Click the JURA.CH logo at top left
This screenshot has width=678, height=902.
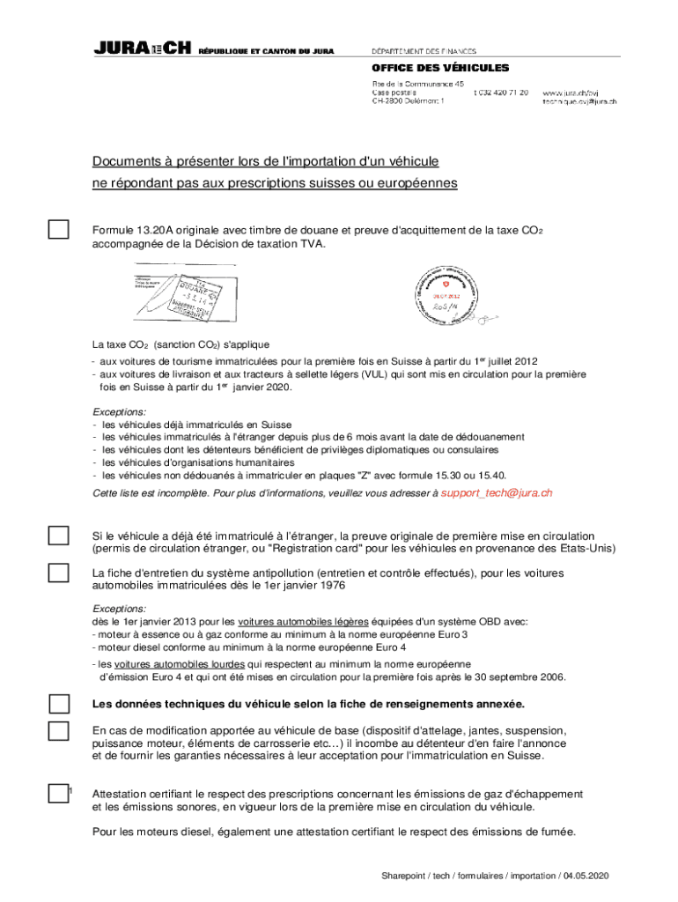tap(142, 50)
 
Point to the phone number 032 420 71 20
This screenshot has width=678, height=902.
tap(501, 92)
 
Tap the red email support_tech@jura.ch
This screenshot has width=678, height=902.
tap(497, 493)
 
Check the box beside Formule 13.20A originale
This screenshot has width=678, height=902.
tap(58, 230)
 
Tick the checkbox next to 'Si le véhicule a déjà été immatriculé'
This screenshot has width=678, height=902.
tap(58, 536)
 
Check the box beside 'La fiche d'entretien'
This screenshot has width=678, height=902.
tap(58, 573)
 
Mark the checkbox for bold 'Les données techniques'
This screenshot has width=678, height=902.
tap(58, 704)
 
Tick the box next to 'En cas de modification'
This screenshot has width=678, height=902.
tap(58, 731)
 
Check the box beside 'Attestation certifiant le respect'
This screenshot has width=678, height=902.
tap(58, 794)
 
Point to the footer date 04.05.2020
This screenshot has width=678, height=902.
tap(586, 876)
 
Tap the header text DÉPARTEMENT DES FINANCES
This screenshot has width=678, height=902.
tap(424, 50)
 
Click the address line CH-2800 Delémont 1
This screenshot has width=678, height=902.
tap(408, 101)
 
